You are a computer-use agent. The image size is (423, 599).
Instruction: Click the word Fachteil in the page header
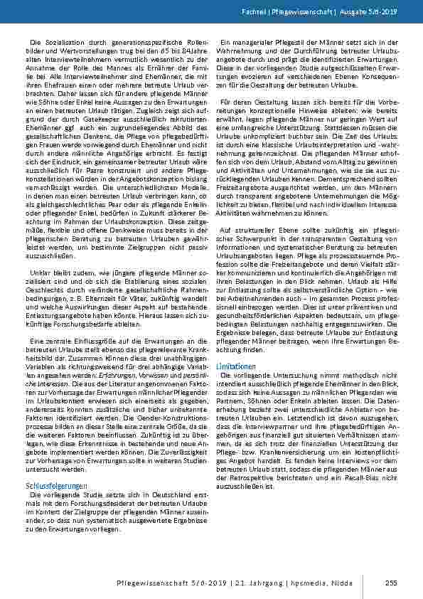(x=271, y=13)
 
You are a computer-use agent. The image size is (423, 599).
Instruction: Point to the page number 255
(x=390, y=583)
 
